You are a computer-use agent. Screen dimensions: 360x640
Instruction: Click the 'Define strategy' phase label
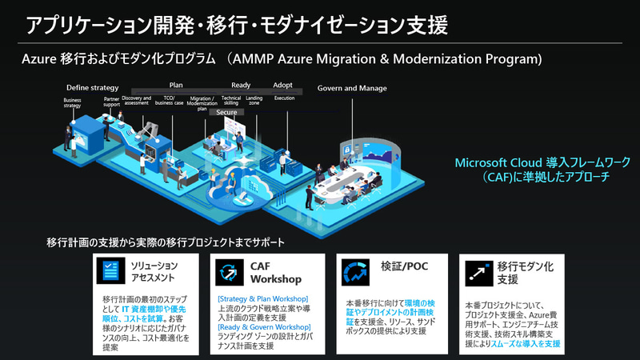click(x=92, y=87)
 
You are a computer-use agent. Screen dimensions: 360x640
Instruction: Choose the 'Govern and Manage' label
click(x=352, y=88)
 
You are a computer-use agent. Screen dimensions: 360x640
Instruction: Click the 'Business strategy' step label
click(x=73, y=103)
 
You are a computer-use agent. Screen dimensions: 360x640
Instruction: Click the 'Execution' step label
click(x=284, y=98)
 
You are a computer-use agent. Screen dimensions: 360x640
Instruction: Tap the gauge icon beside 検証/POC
click(x=353, y=272)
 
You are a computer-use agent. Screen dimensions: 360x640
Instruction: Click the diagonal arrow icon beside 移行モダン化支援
click(x=478, y=272)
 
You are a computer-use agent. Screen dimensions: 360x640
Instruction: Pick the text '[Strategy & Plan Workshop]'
click(x=258, y=298)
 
